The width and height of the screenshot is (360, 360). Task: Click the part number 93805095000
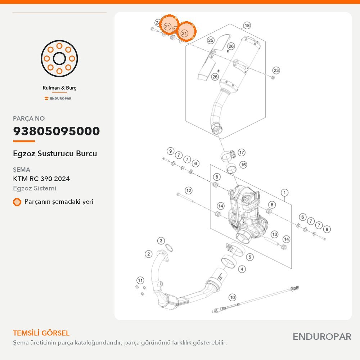[x=57, y=131]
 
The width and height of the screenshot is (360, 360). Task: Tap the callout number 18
[x=247, y=26]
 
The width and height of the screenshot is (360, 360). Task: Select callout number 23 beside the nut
[x=276, y=71]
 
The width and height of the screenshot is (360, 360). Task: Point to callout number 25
[x=211, y=40]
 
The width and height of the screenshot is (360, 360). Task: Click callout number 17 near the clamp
[x=241, y=152]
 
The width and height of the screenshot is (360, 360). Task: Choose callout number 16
[x=243, y=165]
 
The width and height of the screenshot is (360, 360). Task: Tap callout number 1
[x=284, y=193]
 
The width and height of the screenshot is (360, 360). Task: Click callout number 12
[x=189, y=190]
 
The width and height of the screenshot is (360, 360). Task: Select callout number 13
[x=275, y=234]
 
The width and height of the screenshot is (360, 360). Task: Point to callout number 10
[x=232, y=298]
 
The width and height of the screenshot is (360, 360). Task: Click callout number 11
[x=140, y=280]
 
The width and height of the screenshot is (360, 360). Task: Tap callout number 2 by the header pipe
[x=149, y=254]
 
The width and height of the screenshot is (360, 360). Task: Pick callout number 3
[x=161, y=240]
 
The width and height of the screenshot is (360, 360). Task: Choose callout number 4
[x=242, y=269]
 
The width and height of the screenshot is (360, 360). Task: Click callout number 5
[x=250, y=257]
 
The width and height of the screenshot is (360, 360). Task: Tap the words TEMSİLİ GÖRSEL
[x=41, y=333]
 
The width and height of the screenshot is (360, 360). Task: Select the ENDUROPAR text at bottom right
[x=322, y=337]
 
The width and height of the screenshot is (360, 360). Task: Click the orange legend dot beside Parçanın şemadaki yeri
[x=17, y=202]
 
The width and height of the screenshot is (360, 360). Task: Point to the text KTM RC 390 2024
[x=41, y=179]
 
